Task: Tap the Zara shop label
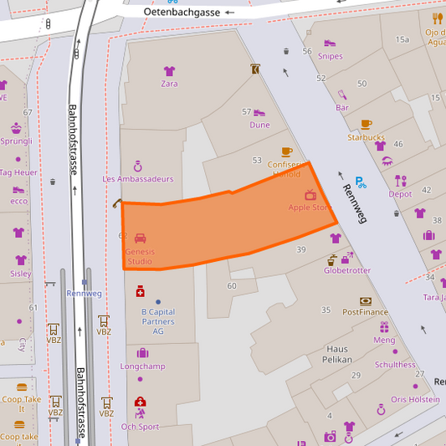pyautogui.click(x=169, y=84)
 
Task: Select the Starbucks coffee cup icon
pyautogui.click(x=366, y=124)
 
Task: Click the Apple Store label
pyautogui.click(x=310, y=207)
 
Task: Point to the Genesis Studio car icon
pyautogui.click(x=140, y=238)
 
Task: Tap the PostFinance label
pyautogui.click(x=365, y=312)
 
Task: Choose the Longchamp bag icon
pyautogui.click(x=142, y=353)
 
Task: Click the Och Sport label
pyautogui.click(x=140, y=427)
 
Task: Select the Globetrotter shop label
pyautogui.click(x=347, y=270)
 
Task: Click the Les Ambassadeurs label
pyautogui.click(x=138, y=179)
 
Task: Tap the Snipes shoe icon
pyautogui.click(x=330, y=44)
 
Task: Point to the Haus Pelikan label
pyautogui.click(x=336, y=353)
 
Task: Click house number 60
pyautogui.click(x=232, y=286)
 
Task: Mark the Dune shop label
pyautogui.click(x=259, y=125)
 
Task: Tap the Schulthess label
pyautogui.click(x=395, y=365)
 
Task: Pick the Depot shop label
pyautogui.click(x=400, y=194)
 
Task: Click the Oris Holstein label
pyautogui.click(x=414, y=399)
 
